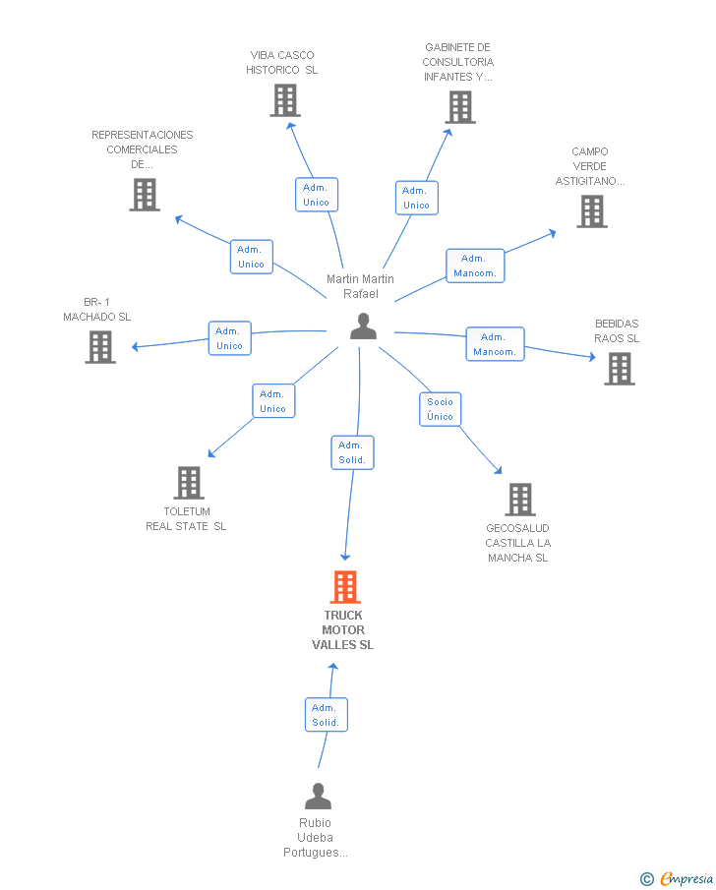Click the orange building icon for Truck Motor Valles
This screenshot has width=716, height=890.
345,587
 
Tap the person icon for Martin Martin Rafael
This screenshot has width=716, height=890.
363,326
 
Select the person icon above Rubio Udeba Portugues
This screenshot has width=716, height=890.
318,797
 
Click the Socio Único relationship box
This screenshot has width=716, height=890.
440,409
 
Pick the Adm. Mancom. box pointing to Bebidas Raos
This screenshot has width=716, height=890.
495,344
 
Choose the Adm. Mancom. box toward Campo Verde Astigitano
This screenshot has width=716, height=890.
475,266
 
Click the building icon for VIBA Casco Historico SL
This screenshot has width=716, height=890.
285,100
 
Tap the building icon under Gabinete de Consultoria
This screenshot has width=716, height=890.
460,107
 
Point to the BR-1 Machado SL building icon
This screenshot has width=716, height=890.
100,347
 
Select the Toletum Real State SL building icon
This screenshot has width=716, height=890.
189,483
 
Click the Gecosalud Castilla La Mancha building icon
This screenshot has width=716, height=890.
520,500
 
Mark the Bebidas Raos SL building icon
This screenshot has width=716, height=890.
620,369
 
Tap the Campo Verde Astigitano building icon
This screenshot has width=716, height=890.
592,211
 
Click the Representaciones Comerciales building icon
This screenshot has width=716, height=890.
145,195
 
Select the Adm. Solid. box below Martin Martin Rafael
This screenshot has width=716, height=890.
353,452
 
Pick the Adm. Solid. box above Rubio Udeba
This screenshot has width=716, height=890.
327,715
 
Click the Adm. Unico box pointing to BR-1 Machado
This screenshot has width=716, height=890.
230,338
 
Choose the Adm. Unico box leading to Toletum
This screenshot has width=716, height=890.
273,400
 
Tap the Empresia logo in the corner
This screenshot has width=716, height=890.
677,878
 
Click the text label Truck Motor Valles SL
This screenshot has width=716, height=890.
343,630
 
